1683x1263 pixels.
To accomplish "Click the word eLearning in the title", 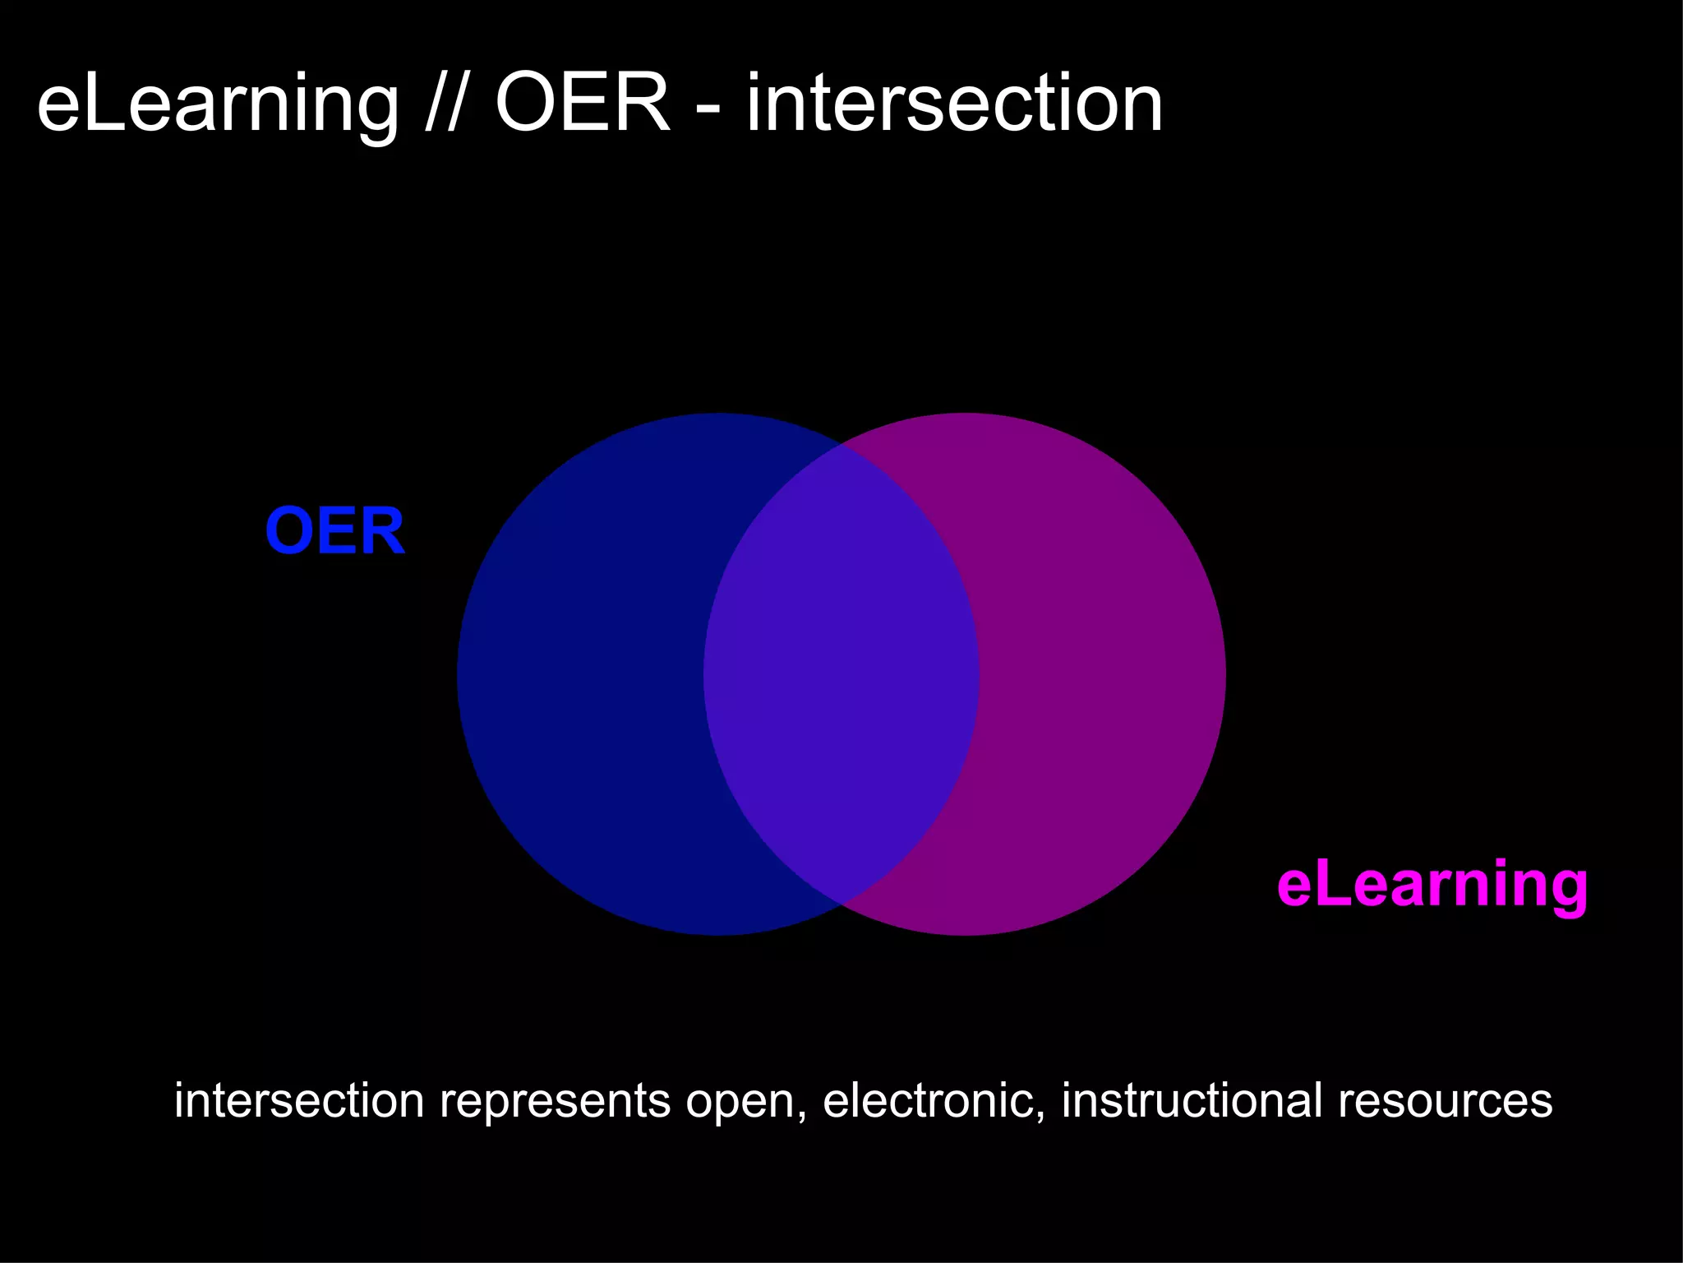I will click(x=217, y=105).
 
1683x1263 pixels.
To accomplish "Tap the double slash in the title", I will click(x=442, y=105).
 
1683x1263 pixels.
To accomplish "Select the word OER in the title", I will click(x=582, y=104).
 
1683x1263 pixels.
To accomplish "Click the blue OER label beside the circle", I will click(x=334, y=531).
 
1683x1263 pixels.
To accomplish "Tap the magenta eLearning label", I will click(x=1432, y=885).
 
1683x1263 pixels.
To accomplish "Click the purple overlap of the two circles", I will click(x=841, y=674).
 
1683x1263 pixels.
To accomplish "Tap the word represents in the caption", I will click(x=556, y=1102).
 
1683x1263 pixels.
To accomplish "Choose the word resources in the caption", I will click(x=1445, y=1102).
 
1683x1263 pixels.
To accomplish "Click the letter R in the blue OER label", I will click(x=382, y=531).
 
